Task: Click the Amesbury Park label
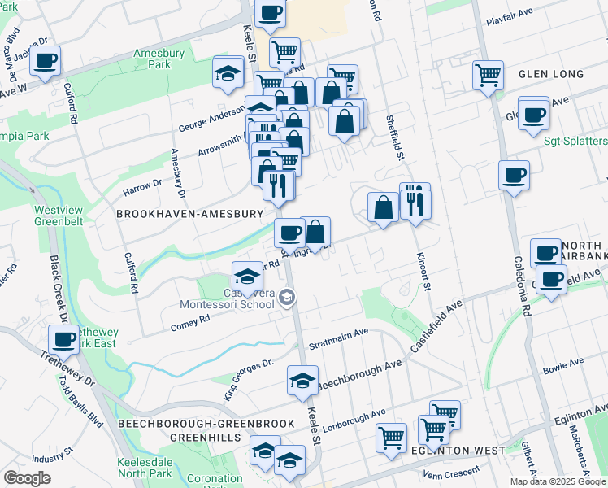click(x=159, y=59)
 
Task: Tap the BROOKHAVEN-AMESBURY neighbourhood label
click(x=190, y=214)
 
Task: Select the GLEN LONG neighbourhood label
click(x=551, y=74)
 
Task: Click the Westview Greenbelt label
click(x=59, y=216)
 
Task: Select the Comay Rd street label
click(x=190, y=323)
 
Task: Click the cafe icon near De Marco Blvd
click(x=46, y=59)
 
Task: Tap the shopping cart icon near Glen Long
click(x=488, y=76)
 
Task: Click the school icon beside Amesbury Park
click(x=228, y=72)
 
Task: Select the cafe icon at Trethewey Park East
click(x=63, y=340)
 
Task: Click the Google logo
click(x=27, y=478)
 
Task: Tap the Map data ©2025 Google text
click(x=557, y=481)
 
